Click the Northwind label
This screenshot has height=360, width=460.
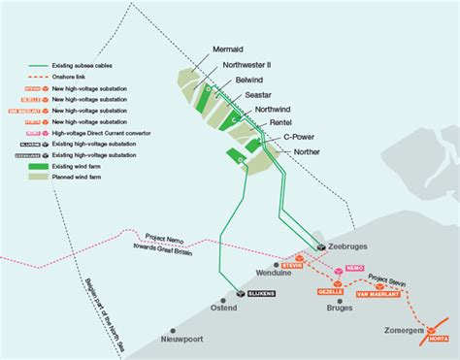click(x=275, y=110)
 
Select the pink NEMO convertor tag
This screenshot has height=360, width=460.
click(x=354, y=265)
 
